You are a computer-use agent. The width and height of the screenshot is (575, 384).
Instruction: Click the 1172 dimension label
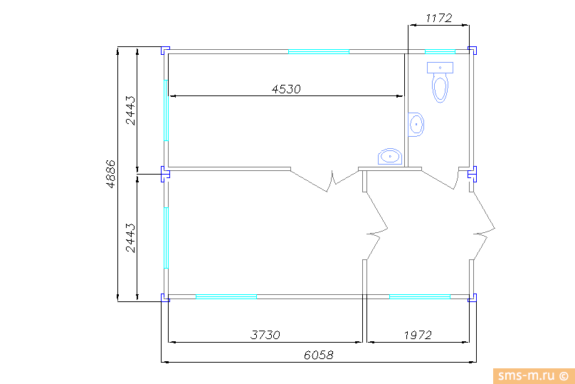438,18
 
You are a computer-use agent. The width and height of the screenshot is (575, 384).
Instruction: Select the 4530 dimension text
286,89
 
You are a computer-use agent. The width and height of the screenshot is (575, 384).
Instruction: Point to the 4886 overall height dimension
110,174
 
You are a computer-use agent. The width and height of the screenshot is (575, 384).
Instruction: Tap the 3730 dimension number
265,335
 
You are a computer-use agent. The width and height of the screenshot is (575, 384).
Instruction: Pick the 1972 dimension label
418,335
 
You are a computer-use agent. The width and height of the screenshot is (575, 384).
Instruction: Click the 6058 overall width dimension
319,355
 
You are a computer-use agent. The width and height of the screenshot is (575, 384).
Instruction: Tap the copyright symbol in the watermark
564,376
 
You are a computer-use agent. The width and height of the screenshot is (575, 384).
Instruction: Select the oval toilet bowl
440,88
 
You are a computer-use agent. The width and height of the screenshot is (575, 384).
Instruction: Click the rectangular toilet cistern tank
440,68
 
